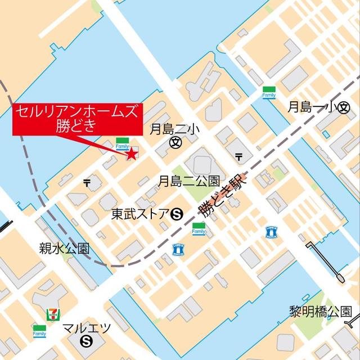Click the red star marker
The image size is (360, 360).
pos(132,154)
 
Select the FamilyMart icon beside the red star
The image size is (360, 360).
pos(121,143)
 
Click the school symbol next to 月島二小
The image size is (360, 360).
pos(175,143)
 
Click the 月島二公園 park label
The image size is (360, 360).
pos(188,181)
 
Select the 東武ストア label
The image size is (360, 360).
pos(141,213)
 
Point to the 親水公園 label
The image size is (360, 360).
pos(64,248)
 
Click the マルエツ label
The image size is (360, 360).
pos(87,328)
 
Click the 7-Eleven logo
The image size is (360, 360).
pos(52,314)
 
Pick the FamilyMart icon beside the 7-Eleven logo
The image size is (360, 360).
pos(39,330)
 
